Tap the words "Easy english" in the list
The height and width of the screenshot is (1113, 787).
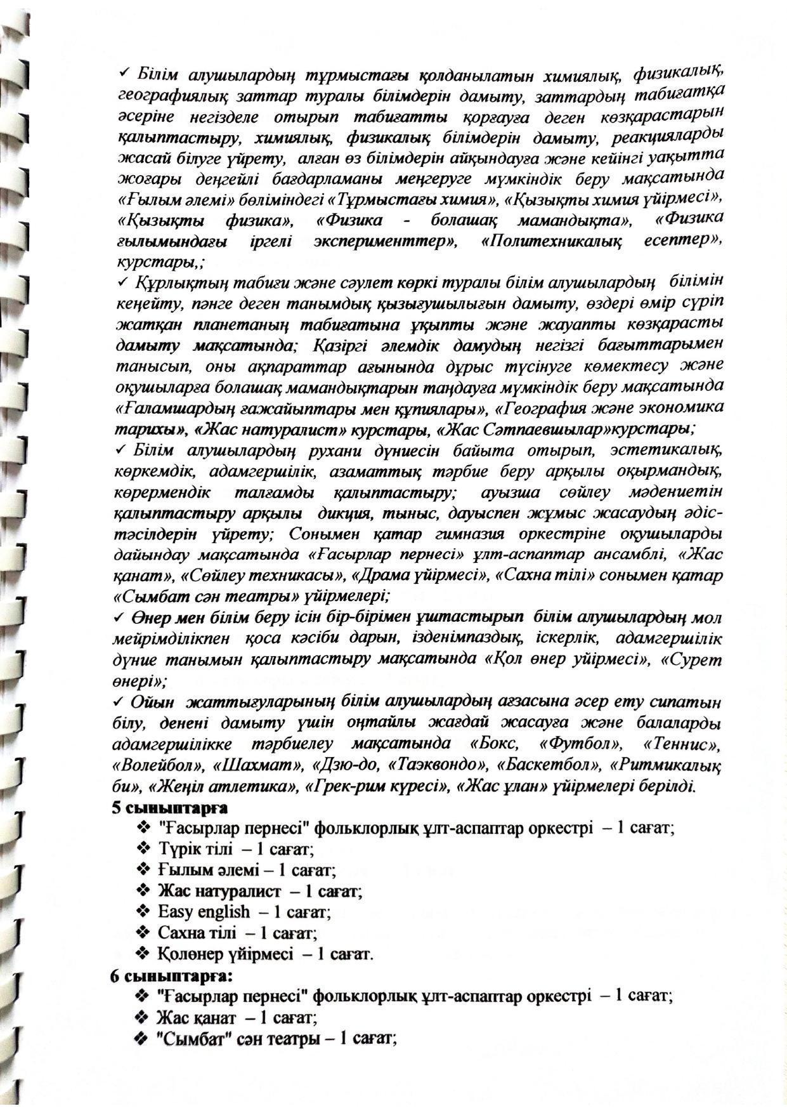(x=204, y=912)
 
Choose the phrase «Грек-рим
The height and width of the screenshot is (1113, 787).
(x=343, y=787)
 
